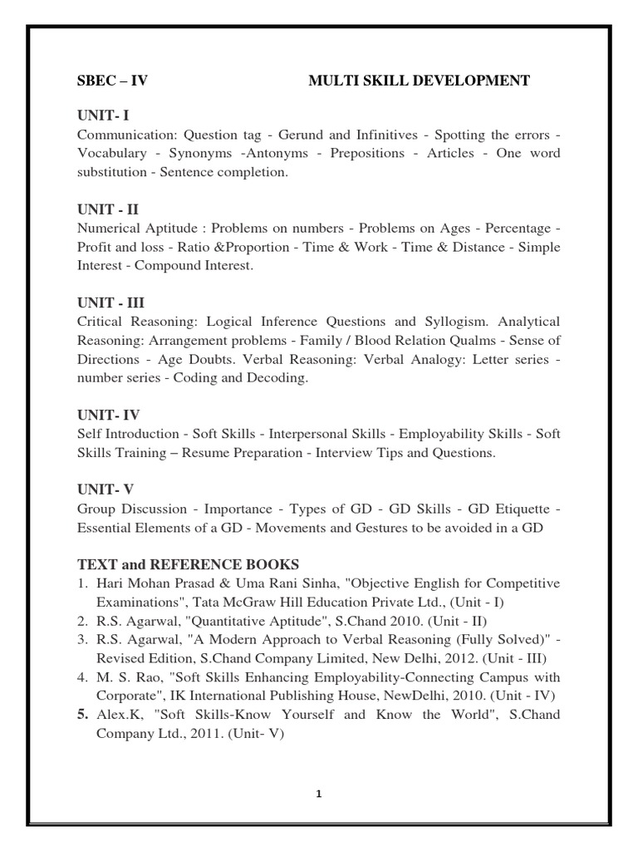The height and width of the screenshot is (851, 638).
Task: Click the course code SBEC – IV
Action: [x=112, y=81]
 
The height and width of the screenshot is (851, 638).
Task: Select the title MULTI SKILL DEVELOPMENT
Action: [x=419, y=81]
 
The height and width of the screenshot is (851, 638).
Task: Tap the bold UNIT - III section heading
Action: [x=110, y=303]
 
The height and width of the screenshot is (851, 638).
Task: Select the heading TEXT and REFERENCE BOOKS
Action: [x=189, y=563]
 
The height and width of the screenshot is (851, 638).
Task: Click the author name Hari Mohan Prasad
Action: [x=143, y=583]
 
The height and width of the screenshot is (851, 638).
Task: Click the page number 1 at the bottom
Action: [x=318, y=794]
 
